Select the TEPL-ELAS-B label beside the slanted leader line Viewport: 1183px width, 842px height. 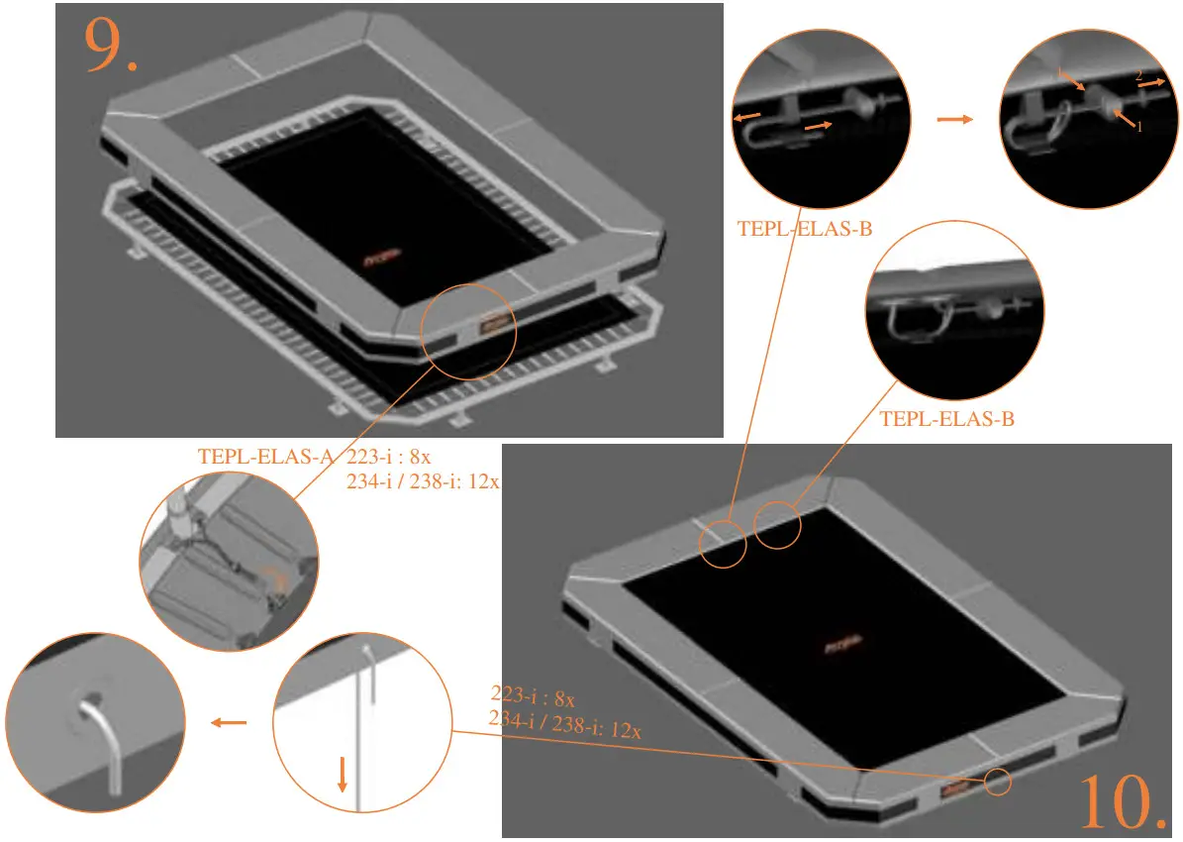tap(805, 229)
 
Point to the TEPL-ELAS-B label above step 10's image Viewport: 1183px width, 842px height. tap(946, 419)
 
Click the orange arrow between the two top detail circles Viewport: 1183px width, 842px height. tap(954, 119)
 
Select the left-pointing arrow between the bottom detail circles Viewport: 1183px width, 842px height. tap(230, 723)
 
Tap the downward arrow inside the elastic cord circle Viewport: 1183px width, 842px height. tap(342, 774)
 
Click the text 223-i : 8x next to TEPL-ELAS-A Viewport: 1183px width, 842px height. tap(389, 457)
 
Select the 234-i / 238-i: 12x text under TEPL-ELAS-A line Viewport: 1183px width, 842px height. tap(423, 482)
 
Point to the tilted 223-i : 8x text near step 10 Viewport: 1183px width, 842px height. tap(534, 696)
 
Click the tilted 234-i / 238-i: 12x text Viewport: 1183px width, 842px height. tap(565, 725)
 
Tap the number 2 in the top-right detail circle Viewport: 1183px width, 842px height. tap(1138, 75)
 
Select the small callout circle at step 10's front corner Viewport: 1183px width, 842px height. tap(997, 781)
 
